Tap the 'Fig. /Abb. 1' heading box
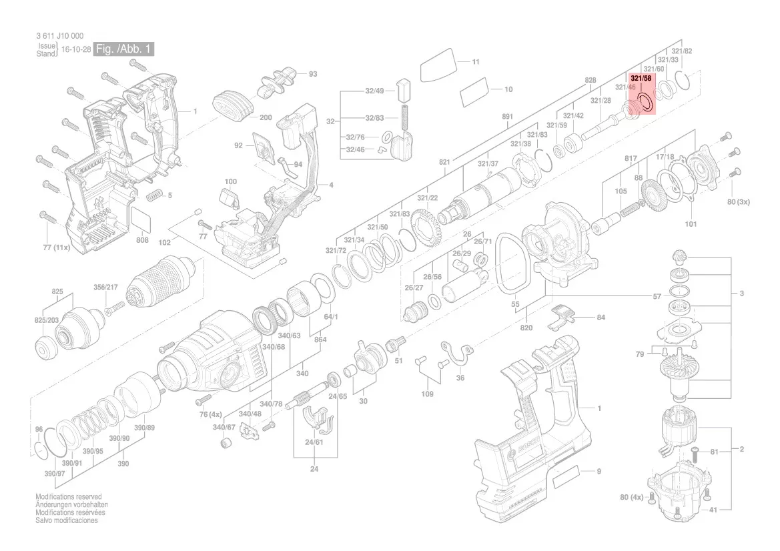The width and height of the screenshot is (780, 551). [124, 49]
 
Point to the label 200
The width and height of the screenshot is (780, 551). [266, 117]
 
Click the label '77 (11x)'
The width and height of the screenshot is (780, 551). [56, 247]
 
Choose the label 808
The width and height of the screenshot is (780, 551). [142, 240]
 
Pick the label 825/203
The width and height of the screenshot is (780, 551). [47, 320]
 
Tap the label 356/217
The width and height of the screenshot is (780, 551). [105, 288]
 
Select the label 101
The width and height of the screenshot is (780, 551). [691, 224]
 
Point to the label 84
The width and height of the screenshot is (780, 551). [601, 318]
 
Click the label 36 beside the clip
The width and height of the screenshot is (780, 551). [460, 378]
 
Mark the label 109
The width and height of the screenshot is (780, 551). [427, 394]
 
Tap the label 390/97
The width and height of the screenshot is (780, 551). [46, 473]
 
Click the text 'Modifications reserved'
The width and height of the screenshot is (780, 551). [69, 497]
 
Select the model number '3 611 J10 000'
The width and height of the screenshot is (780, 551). [60, 36]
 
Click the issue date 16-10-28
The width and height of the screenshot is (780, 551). [76, 49]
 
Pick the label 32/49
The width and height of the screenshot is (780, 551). [374, 91]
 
